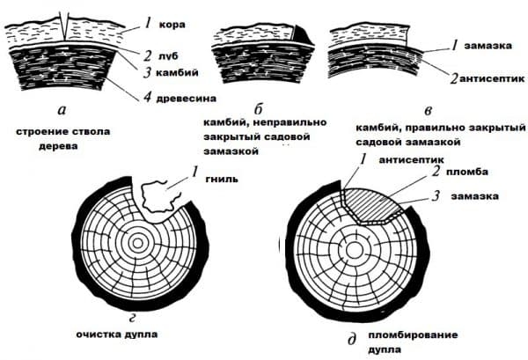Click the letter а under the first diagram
coord(60,110)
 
